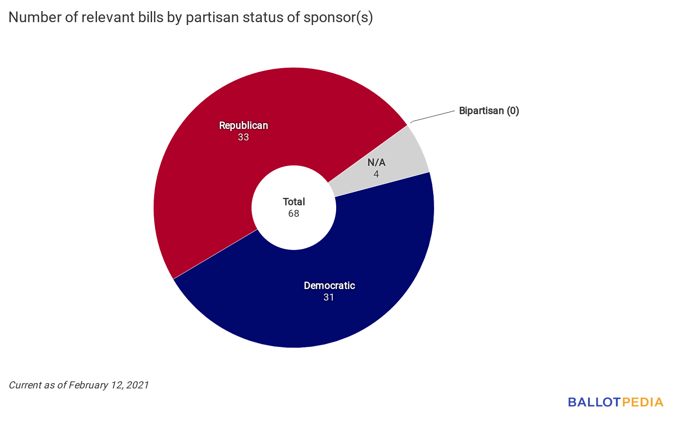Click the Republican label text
point(243,126)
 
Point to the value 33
point(243,137)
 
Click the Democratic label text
point(329,286)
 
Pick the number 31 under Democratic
point(329,297)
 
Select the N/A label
point(376,163)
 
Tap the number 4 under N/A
point(376,174)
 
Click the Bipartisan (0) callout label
point(489,111)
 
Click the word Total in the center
point(294,202)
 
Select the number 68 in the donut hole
point(294,213)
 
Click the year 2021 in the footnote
point(138,385)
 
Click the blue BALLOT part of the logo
point(594,402)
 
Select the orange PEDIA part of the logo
point(643,402)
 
